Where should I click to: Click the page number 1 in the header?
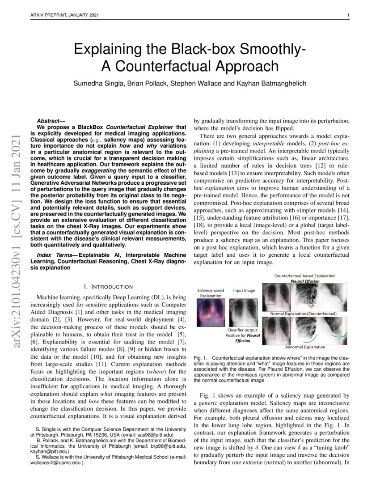coord(348,16)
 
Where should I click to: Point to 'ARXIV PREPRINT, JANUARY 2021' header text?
coord(65,16)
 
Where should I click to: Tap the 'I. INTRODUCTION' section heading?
coord(108,286)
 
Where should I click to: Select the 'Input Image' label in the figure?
coord(244,290)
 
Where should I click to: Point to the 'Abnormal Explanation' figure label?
coord(305,347)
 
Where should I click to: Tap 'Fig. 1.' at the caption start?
coord(200,359)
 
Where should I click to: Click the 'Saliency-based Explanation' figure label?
coord(211,293)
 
